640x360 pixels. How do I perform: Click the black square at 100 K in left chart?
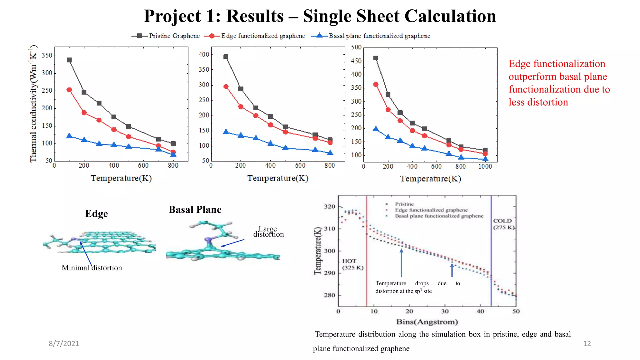pos(69,60)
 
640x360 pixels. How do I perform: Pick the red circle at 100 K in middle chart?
pos(226,87)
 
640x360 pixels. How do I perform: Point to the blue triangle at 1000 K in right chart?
pos(485,159)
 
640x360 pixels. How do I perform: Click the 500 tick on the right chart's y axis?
pos(356,47)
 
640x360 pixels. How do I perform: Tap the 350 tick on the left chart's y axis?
pos(47,55)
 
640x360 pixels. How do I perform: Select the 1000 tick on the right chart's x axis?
pos(485,167)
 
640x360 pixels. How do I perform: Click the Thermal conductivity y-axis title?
pos(33,104)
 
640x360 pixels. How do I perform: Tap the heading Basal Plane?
pos(195,209)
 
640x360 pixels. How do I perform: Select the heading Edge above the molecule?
pos(96,213)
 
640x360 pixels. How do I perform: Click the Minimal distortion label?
pos(92,268)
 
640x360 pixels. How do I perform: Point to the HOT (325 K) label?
pos(352,264)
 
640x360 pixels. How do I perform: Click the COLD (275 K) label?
pos(503,224)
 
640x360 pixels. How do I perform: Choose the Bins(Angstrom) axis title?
pos(427,322)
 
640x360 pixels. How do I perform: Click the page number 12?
pos(587,343)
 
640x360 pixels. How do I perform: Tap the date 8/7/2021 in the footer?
pos(64,343)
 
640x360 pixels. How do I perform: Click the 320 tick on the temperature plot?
pos(330,207)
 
